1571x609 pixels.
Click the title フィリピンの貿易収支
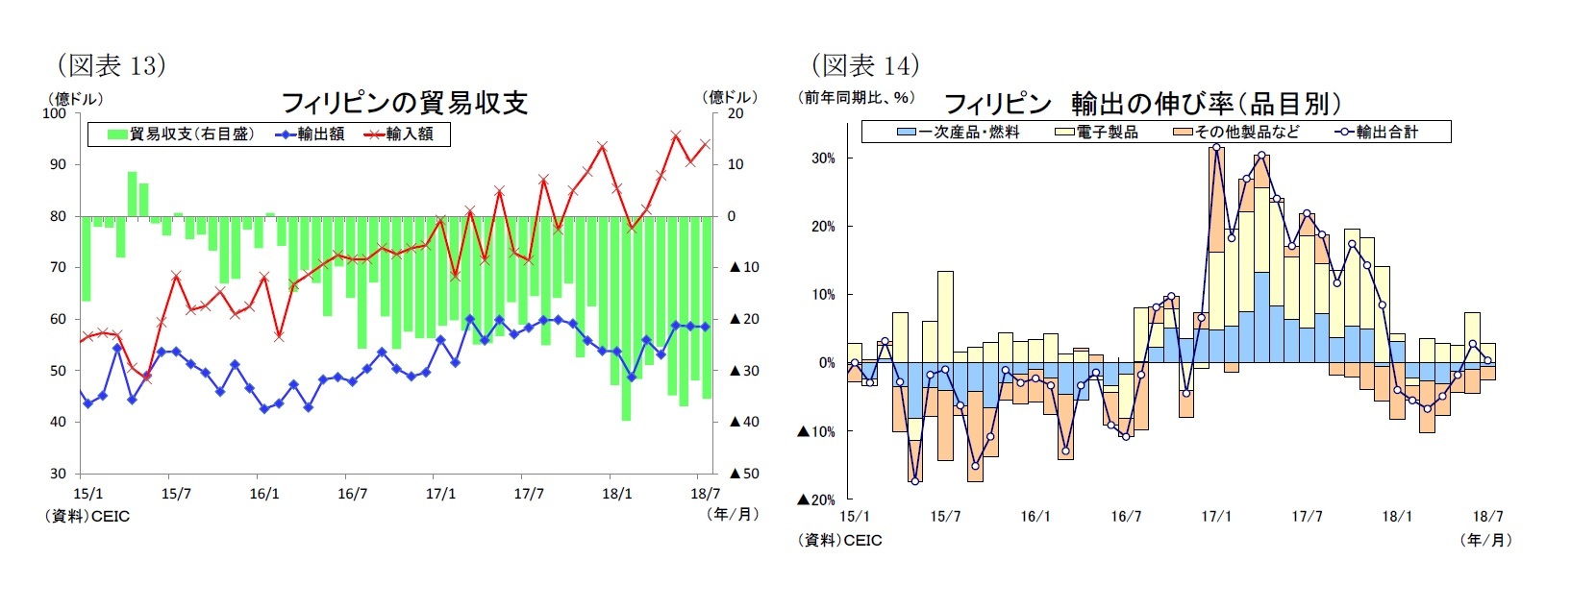(x=405, y=103)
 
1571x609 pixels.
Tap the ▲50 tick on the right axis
(x=743, y=474)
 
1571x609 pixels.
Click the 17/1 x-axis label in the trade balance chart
(x=440, y=494)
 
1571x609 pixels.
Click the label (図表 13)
(x=112, y=65)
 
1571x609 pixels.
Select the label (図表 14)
(x=865, y=65)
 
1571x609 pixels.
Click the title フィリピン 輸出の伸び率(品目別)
(x=1142, y=103)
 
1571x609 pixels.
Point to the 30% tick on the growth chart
(x=823, y=158)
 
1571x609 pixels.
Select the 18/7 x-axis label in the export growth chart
(x=1487, y=517)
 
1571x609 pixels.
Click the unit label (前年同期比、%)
(x=856, y=97)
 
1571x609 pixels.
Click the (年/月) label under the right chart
(x=1485, y=540)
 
